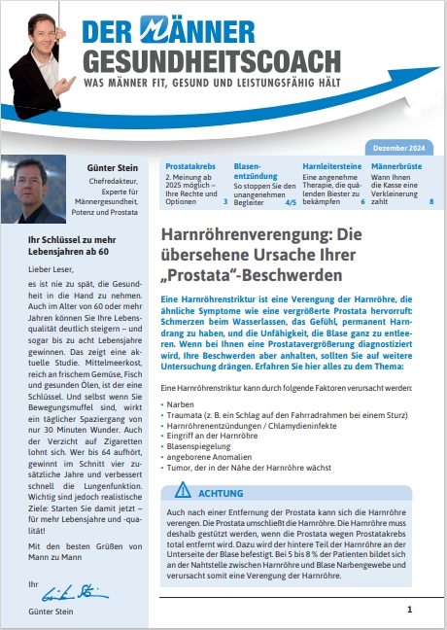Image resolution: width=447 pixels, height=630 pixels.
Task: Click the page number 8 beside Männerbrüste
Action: point(430,202)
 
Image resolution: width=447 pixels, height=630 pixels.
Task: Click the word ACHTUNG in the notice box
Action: point(216,494)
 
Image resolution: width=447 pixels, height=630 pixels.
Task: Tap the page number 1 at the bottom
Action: point(409,609)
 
